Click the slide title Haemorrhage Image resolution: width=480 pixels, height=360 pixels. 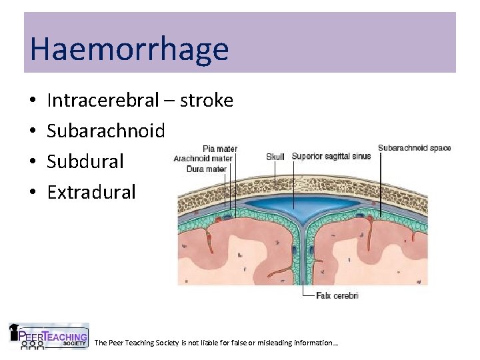click(129, 49)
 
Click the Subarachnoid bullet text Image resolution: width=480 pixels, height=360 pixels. click(105, 131)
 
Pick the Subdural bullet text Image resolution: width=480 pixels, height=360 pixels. click(85, 162)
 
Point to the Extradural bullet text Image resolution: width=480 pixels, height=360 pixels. click(91, 193)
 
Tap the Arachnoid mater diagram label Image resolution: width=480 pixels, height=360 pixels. click(203, 159)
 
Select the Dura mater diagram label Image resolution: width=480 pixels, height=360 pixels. click(207, 169)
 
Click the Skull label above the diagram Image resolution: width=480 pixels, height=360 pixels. click(275, 157)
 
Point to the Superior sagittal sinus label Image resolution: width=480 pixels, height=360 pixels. click(331, 157)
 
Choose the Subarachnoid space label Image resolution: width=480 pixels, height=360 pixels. click(414, 148)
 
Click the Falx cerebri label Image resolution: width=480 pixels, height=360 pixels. click(337, 295)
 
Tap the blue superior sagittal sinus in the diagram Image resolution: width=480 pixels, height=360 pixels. click(303, 203)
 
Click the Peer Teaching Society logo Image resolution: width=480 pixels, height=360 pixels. click(48, 337)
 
